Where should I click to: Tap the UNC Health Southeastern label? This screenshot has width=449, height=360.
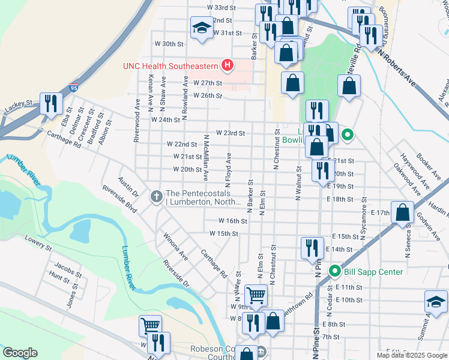(x=171, y=66)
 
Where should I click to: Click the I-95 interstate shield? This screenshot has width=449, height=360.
(x=73, y=88)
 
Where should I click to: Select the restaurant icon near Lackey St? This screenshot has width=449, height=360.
(x=50, y=104)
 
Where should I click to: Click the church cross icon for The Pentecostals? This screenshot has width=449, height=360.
(x=157, y=196)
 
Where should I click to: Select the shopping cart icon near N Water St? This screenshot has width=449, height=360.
(x=256, y=295)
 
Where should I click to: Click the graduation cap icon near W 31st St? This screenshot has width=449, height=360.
(x=202, y=27)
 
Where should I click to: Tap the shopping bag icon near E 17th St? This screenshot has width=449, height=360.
(x=404, y=212)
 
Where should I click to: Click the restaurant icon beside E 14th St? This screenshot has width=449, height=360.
(x=312, y=248)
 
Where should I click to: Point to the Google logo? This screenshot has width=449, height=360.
(x=20, y=353)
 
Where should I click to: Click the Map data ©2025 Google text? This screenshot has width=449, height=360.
(x=412, y=355)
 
